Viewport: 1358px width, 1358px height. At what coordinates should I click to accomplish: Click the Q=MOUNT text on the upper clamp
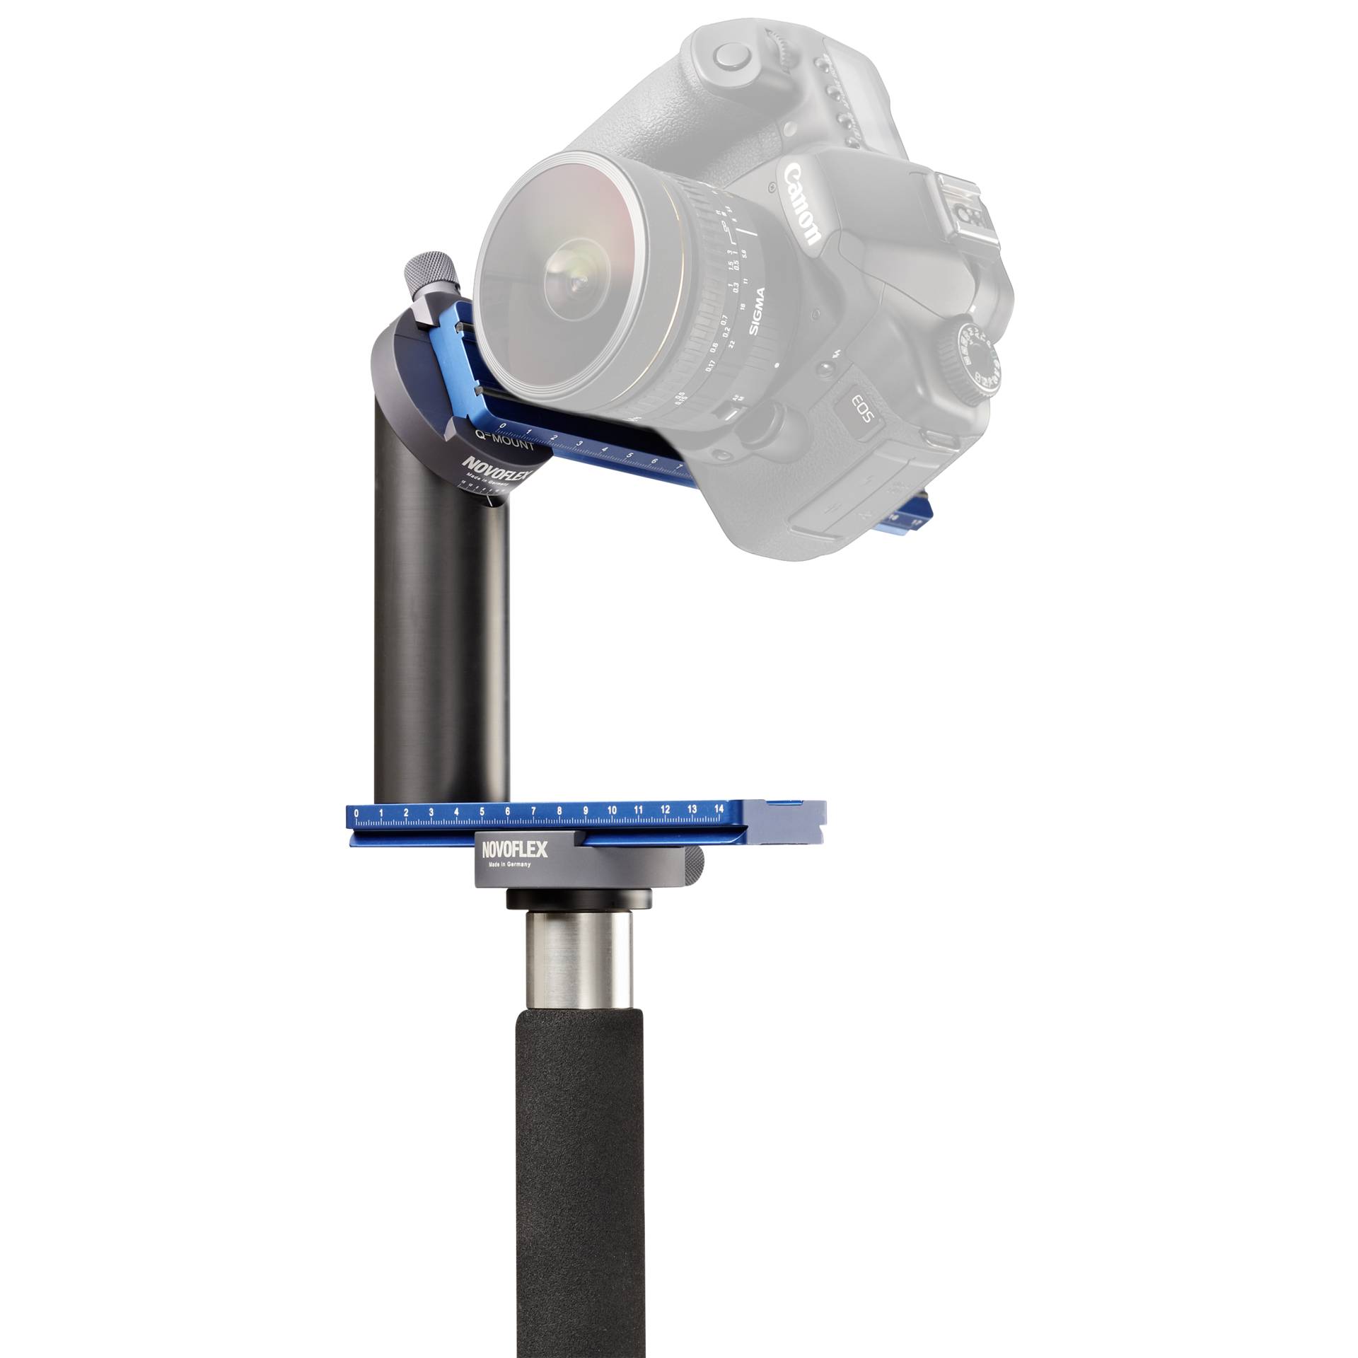click(x=503, y=445)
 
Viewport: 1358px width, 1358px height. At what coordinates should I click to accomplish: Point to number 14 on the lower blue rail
click(x=719, y=808)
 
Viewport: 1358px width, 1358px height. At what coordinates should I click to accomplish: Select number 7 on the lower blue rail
click(x=533, y=811)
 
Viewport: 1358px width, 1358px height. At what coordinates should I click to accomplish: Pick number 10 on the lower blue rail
click(x=612, y=810)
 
